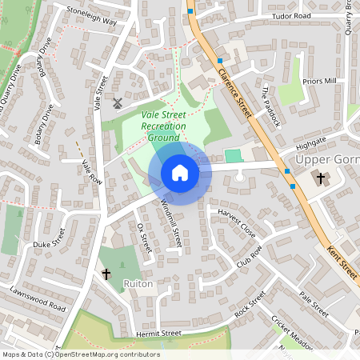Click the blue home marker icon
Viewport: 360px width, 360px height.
[x=180, y=173]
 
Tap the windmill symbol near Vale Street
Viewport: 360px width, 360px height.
[x=117, y=102]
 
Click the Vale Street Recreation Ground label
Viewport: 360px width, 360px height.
[x=163, y=126]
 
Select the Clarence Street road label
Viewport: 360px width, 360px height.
[x=234, y=93]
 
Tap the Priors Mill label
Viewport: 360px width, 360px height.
[x=320, y=82]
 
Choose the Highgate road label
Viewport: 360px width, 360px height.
[x=311, y=142]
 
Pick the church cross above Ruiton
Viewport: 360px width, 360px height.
[x=106, y=274]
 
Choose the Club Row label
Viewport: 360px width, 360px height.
[x=250, y=258]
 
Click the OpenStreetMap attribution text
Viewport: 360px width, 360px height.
[x=80, y=354]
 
